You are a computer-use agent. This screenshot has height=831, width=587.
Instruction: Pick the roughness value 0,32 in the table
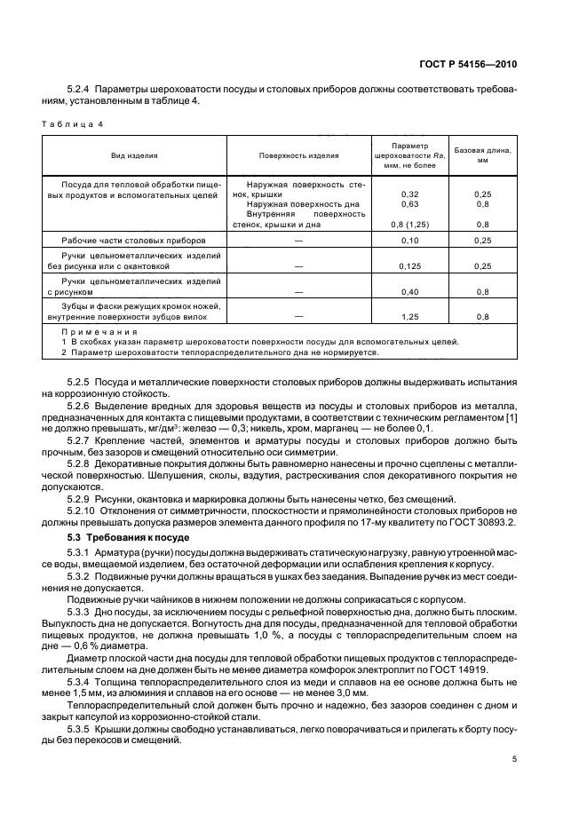coord(409,194)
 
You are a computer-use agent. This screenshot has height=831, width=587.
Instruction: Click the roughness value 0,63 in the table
coord(409,204)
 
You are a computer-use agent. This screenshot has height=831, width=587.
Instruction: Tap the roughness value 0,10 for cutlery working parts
coord(409,241)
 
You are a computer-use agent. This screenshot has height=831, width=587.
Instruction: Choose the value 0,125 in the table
coord(409,265)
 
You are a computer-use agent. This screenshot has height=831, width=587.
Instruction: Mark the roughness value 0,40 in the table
coord(409,290)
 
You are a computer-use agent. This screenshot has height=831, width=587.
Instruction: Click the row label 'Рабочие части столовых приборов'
coord(133,241)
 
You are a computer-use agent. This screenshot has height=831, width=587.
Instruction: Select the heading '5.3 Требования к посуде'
coord(121,540)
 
